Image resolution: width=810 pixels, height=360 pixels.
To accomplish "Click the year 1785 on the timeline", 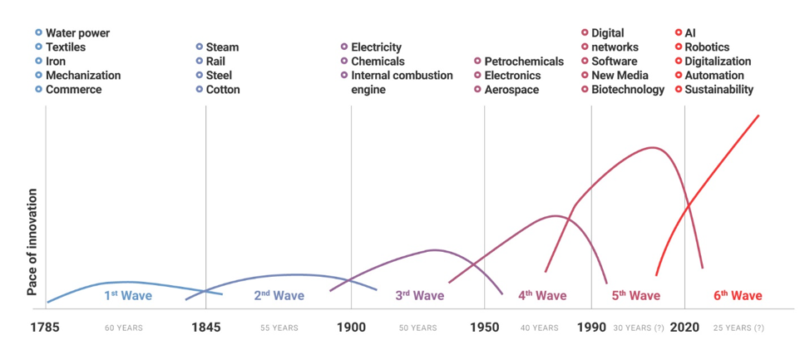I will [45, 327].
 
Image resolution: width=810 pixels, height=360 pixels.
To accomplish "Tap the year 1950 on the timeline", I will [485, 327].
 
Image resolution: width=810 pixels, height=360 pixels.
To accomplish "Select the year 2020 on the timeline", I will [685, 327].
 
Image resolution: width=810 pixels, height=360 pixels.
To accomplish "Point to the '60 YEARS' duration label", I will [124, 328].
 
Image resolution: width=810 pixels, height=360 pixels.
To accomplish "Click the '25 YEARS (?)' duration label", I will [738, 328].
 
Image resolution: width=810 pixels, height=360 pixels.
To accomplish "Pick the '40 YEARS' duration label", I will [540, 328].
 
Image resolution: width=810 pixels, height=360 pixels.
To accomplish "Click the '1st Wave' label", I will [128, 295].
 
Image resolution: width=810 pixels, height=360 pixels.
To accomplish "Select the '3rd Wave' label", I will [419, 295].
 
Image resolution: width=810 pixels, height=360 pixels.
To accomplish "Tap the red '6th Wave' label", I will [738, 295].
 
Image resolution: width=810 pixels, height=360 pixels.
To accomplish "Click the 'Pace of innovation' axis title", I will [32, 242].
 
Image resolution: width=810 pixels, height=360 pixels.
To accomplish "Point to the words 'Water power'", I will [77, 33].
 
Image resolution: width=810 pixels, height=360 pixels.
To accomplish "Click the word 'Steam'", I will [222, 47].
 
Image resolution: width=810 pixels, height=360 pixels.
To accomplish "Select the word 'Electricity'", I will [376, 47].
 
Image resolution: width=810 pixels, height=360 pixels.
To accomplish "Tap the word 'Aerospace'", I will [511, 90].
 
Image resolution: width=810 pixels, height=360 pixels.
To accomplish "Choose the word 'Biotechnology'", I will [628, 90].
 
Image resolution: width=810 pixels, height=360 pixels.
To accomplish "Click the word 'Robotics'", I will [707, 47].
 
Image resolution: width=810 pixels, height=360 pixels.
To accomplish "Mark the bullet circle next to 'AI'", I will [679, 33].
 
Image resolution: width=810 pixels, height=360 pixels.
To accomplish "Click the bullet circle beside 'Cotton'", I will [200, 90].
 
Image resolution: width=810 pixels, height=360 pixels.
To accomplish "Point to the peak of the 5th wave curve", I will [654, 148].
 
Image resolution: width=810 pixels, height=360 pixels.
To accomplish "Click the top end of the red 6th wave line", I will [758, 116].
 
